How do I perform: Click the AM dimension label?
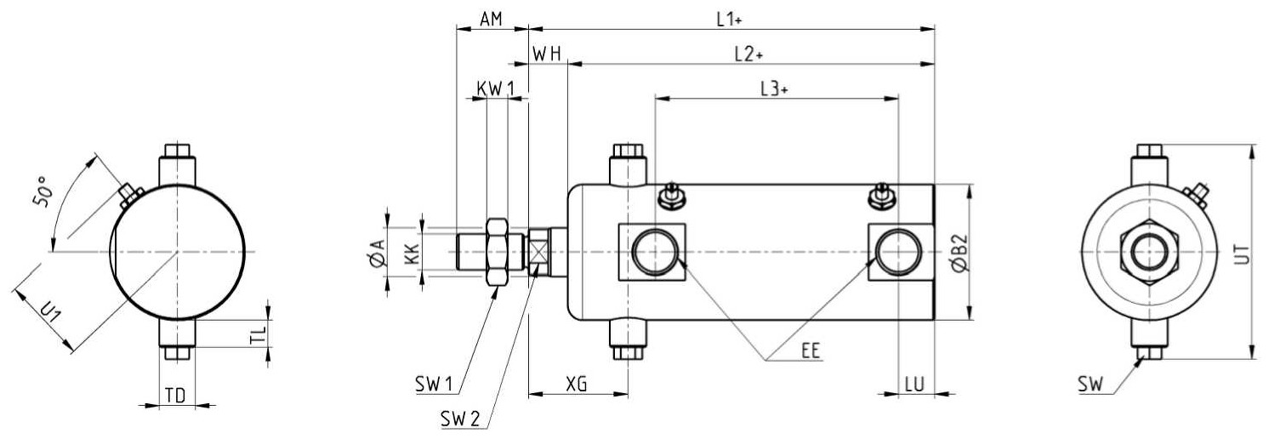point(491,20)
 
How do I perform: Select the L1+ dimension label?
point(729,20)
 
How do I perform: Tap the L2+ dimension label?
point(748,54)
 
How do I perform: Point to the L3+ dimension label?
point(774,89)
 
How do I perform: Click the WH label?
point(547,54)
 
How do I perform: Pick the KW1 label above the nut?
point(496,89)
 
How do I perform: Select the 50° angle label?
point(43,192)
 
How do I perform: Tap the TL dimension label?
point(258,334)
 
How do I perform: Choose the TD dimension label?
point(175,396)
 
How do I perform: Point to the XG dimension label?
point(577,385)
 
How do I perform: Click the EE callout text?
point(811,351)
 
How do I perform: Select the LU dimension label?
point(914,385)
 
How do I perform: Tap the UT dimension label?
point(1241,254)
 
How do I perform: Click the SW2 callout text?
point(460,419)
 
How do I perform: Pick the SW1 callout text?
point(434,385)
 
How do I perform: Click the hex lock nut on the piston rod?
point(497,252)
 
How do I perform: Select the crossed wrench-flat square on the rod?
point(538,252)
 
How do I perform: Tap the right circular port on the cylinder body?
point(898,252)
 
